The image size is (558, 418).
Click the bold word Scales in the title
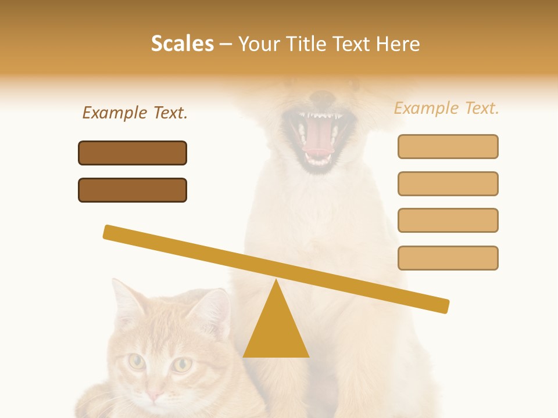click(182, 44)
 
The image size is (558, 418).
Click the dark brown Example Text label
click(135, 113)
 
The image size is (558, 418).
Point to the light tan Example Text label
click(446, 108)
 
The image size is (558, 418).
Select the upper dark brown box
click(133, 153)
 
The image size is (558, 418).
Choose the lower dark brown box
click(133, 190)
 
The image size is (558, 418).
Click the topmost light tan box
click(448, 146)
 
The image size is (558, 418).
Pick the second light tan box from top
click(448, 183)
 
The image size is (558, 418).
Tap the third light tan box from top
click(448, 220)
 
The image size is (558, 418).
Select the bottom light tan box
click(448, 258)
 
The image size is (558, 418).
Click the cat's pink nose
click(155, 396)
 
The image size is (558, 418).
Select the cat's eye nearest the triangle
click(182, 365)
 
